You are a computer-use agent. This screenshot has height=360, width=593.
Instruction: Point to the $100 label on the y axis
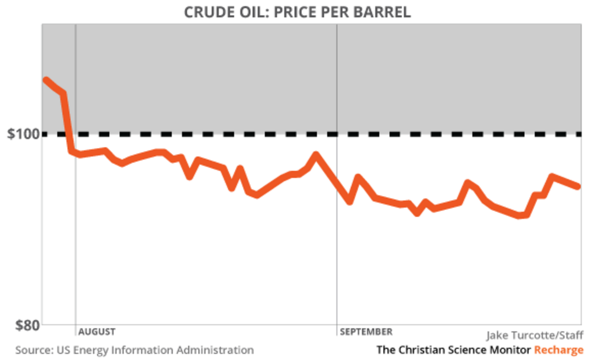pyautogui.click(x=23, y=134)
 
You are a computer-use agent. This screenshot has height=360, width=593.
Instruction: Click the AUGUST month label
pyautogui.click(x=97, y=331)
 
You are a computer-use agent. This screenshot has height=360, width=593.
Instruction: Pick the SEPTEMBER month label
pyautogui.click(x=366, y=331)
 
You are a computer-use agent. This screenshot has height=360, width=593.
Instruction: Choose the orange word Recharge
pyautogui.click(x=558, y=350)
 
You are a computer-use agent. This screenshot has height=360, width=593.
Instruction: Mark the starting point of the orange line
pyautogui.click(x=46, y=80)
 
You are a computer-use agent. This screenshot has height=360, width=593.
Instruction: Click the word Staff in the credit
pyautogui.click(x=571, y=336)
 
